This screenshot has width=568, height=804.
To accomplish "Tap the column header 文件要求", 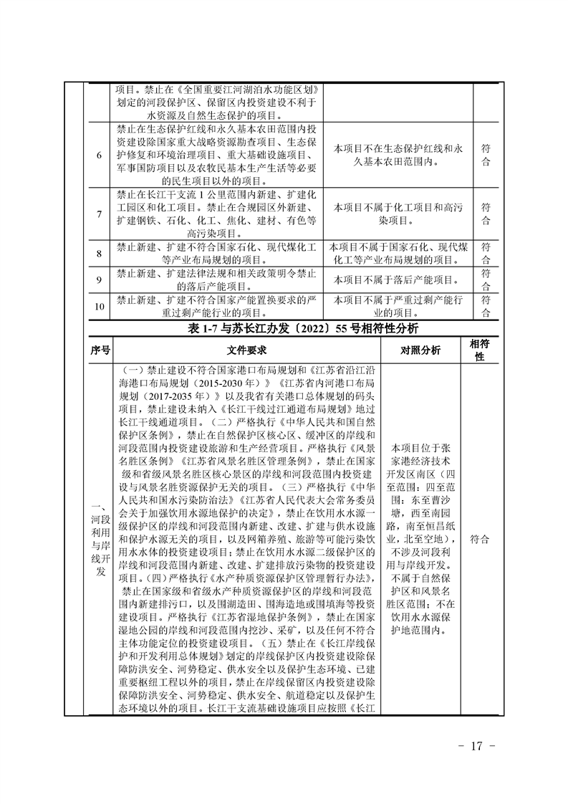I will pyautogui.click(x=247, y=351).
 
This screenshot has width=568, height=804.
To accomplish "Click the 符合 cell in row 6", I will pyautogui.click(x=486, y=155).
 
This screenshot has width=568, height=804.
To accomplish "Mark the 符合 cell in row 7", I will pyautogui.click(x=486, y=214).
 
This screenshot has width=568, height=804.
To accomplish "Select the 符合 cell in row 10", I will pyautogui.click(x=486, y=307).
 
